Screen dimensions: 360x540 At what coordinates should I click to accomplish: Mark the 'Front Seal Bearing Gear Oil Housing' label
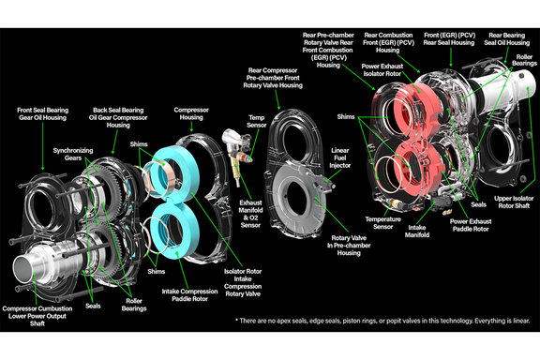pyautogui.click(x=40, y=115)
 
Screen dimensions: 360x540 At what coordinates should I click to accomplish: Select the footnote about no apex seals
pyautogui.click(x=385, y=321)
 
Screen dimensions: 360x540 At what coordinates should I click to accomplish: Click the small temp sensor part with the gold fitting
pyautogui.click(x=234, y=155)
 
